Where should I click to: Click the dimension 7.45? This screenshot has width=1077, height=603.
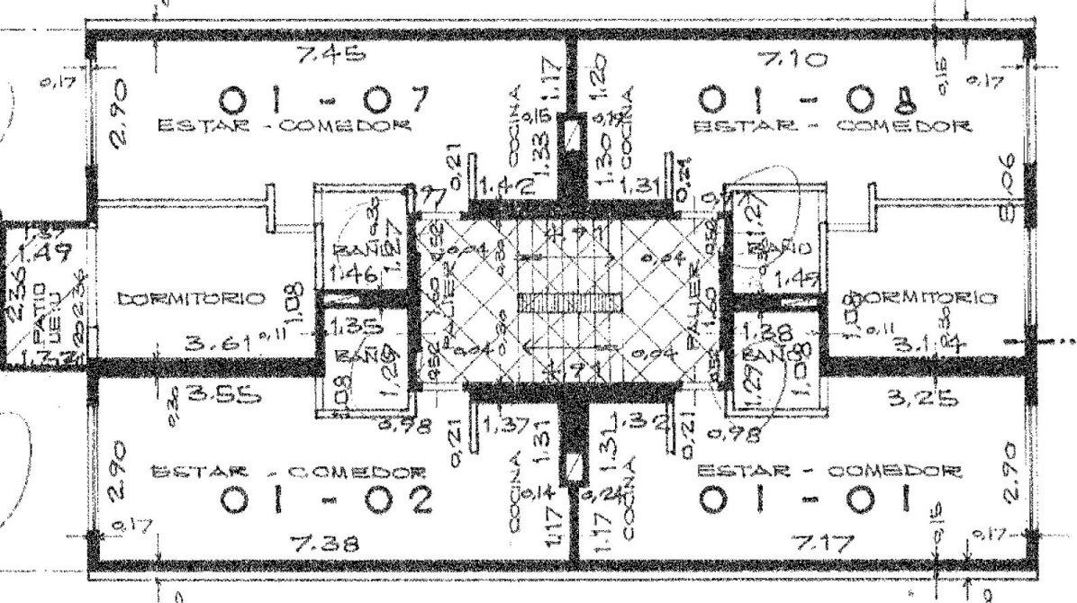coord(332,56)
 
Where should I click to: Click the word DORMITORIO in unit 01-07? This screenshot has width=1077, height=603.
coord(190,297)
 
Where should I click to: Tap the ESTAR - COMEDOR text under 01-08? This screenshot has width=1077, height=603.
coord(831,126)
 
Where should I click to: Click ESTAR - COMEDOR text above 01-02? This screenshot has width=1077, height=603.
coord(287,471)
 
